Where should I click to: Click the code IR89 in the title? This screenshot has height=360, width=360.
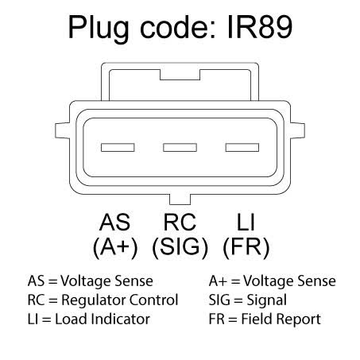click(260, 27)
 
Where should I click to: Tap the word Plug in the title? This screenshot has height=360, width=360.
click(99, 29)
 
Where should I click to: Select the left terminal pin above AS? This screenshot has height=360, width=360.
click(118, 147)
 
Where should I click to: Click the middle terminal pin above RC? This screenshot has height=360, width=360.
click(180, 147)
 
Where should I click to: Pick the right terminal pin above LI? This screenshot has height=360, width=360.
click(242, 147)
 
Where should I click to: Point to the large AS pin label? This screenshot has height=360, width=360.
click(114, 222)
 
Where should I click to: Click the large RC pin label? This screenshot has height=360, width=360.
click(180, 222)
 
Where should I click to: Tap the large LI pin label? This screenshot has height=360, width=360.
click(246, 222)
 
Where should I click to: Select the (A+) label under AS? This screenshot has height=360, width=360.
click(115, 247)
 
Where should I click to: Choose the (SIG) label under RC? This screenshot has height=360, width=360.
click(180, 247)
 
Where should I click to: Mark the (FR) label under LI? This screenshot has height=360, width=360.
click(246, 247)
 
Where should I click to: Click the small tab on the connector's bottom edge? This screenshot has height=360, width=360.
click(180, 199)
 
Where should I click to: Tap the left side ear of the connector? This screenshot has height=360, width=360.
click(63, 130)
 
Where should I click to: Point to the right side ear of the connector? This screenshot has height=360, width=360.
click(297, 130)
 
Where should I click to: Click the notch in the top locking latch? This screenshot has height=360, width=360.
click(180, 75)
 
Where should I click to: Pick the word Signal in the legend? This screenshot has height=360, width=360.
click(266, 301)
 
